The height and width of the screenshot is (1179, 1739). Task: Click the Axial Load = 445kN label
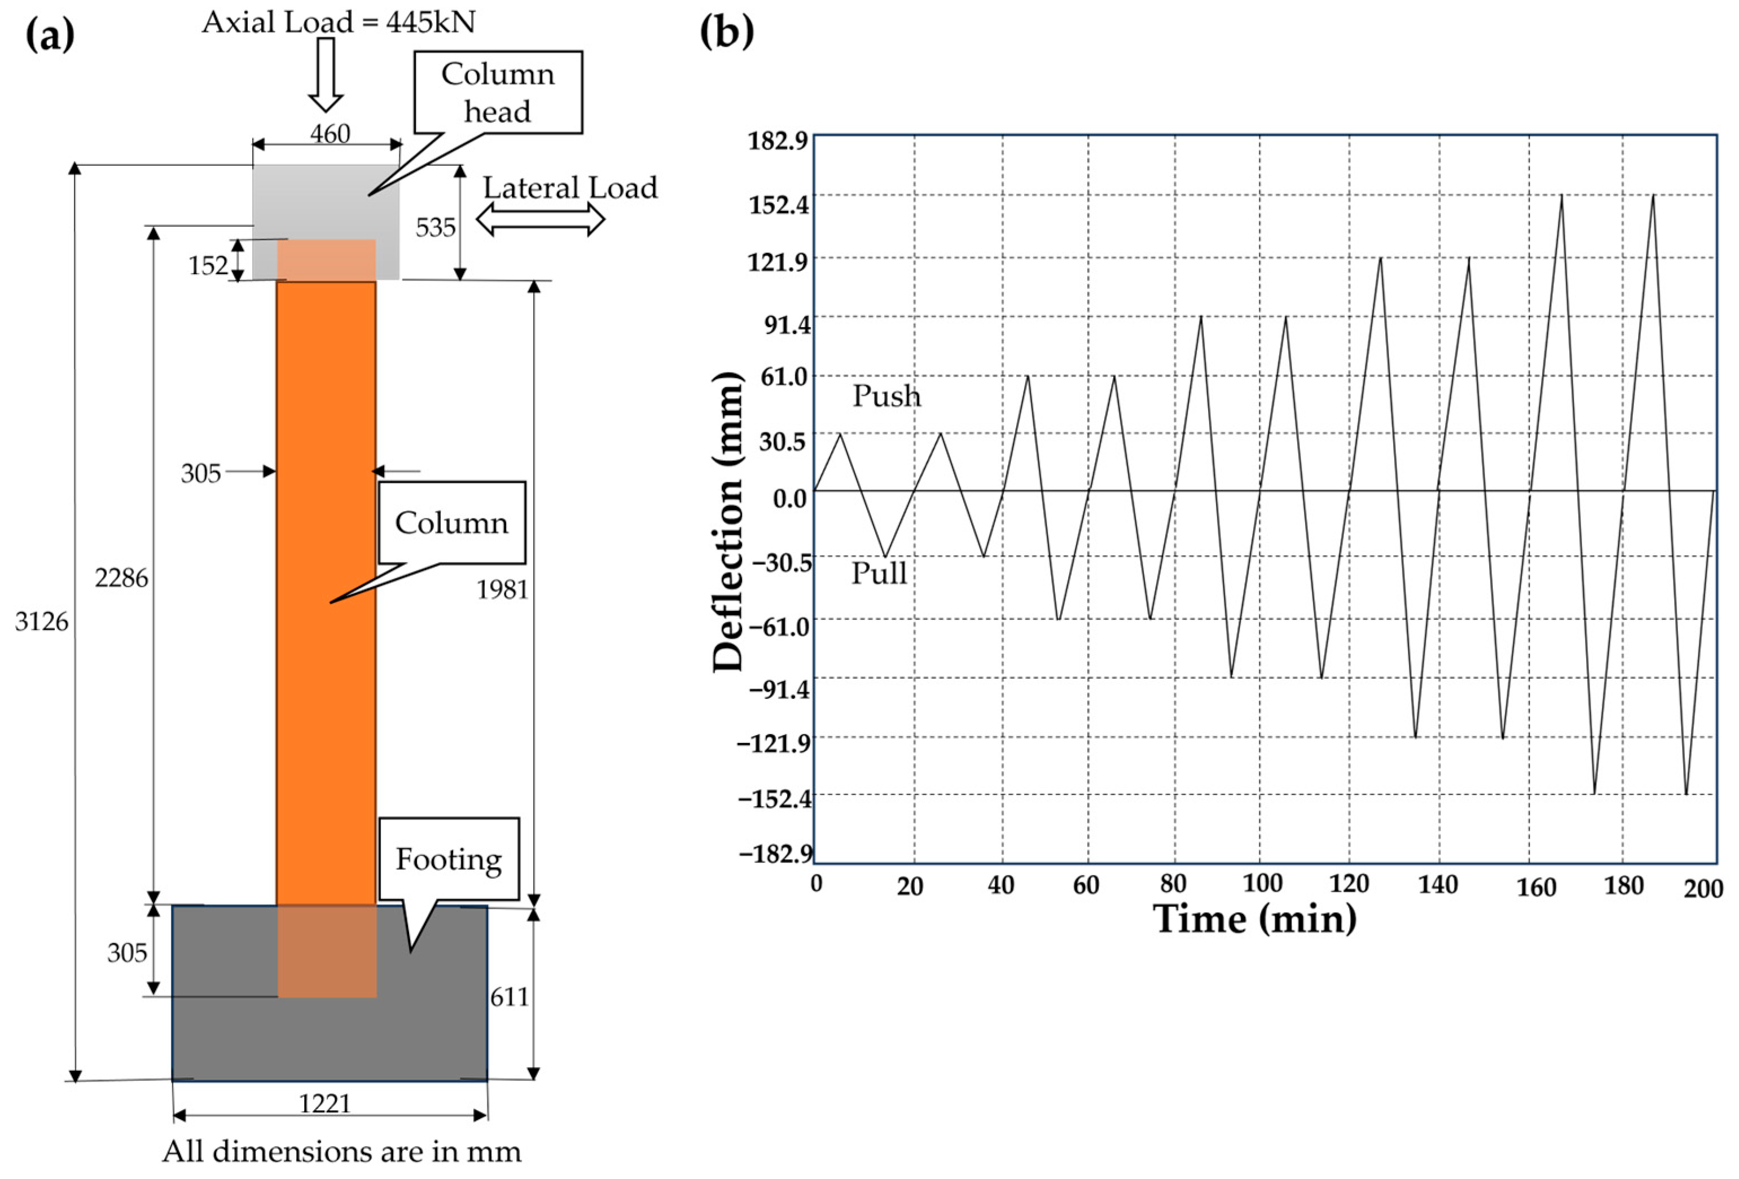[x=338, y=23]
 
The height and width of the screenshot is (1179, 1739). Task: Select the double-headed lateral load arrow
[x=540, y=220]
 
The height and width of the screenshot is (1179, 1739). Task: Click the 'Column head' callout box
[x=498, y=92]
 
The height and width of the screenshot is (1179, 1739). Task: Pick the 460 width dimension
[x=330, y=134]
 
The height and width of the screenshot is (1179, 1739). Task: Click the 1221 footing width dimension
[x=325, y=1103]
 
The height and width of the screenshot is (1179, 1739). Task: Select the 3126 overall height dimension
[x=42, y=621]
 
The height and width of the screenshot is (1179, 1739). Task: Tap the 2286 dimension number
[x=121, y=578]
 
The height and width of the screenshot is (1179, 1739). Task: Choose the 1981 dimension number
[x=503, y=590]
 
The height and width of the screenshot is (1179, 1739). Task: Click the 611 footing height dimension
[x=510, y=996]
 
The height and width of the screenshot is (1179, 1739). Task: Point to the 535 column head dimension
[x=436, y=227]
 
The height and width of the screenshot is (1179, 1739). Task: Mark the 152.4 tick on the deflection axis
[x=779, y=204]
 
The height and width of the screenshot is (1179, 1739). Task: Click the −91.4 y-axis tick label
[x=779, y=688]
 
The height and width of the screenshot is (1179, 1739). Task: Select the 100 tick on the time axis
[x=1262, y=883]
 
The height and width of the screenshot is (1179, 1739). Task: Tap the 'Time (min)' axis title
[x=1255, y=919]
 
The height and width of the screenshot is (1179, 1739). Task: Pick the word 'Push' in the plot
[x=887, y=396]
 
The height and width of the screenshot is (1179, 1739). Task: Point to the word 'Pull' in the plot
[x=879, y=573]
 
